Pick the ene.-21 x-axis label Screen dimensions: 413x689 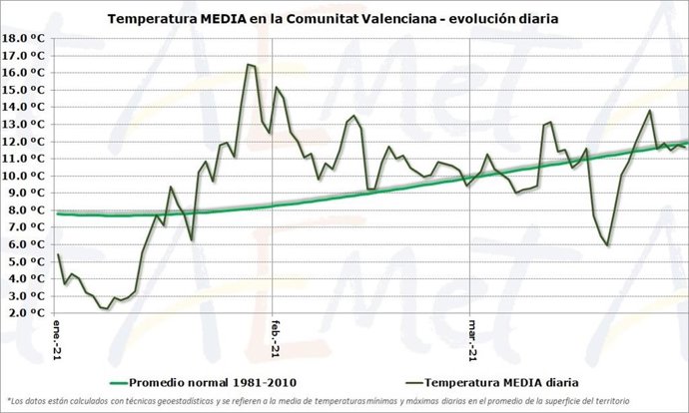(x=58, y=334)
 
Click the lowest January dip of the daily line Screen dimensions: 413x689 (x=106, y=309)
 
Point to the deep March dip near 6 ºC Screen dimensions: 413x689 (x=607, y=244)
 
